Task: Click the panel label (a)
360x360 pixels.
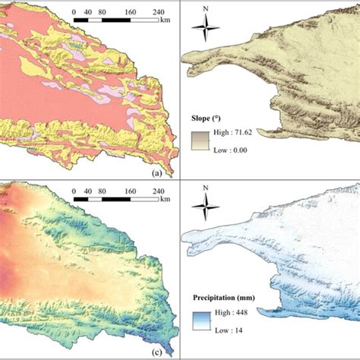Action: [x=157, y=173]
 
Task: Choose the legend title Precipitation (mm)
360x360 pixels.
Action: [x=232, y=298]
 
